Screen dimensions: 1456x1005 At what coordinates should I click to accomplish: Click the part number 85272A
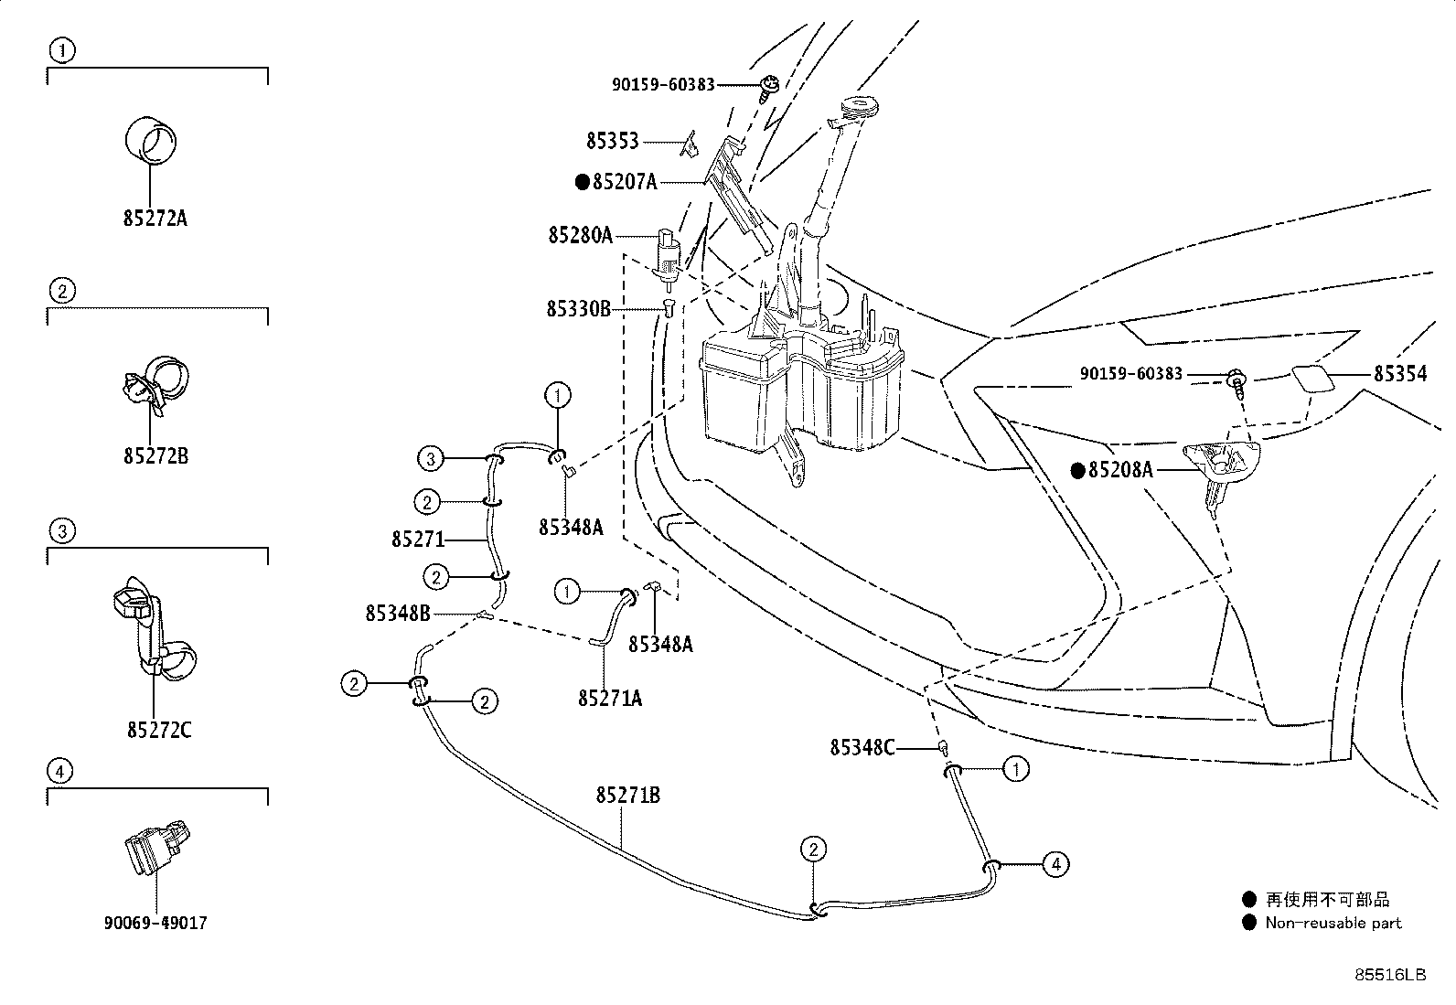[155, 218]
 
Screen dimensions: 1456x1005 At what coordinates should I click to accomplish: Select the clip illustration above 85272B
[156, 385]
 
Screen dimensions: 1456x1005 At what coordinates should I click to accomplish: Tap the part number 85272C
[159, 730]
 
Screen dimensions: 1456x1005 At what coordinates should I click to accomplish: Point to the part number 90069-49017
[155, 923]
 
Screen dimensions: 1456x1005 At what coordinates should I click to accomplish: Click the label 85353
[613, 141]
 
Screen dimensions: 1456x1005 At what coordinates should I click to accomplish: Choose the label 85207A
[625, 182]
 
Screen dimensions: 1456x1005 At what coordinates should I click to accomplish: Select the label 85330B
[579, 309]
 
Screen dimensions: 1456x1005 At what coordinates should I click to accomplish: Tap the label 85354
[1400, 374]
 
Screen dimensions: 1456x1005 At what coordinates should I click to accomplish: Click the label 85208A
[1120, 469]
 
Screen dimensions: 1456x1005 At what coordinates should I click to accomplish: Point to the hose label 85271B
[628, 795]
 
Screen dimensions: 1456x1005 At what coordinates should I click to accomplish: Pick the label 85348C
[862, 748]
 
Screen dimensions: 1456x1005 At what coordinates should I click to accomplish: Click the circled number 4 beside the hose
[1055, 864]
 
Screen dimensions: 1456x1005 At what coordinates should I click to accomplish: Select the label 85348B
[398, 613]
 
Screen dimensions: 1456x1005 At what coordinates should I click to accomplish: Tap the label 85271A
[610, 698]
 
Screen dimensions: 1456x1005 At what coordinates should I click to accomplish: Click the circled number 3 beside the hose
[430, 459]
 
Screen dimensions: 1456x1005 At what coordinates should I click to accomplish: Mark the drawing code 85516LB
[1390, 975]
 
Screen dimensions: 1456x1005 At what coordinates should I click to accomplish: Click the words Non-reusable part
[1333, 923]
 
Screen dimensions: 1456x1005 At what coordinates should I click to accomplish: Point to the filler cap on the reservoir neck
[858, 107]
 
